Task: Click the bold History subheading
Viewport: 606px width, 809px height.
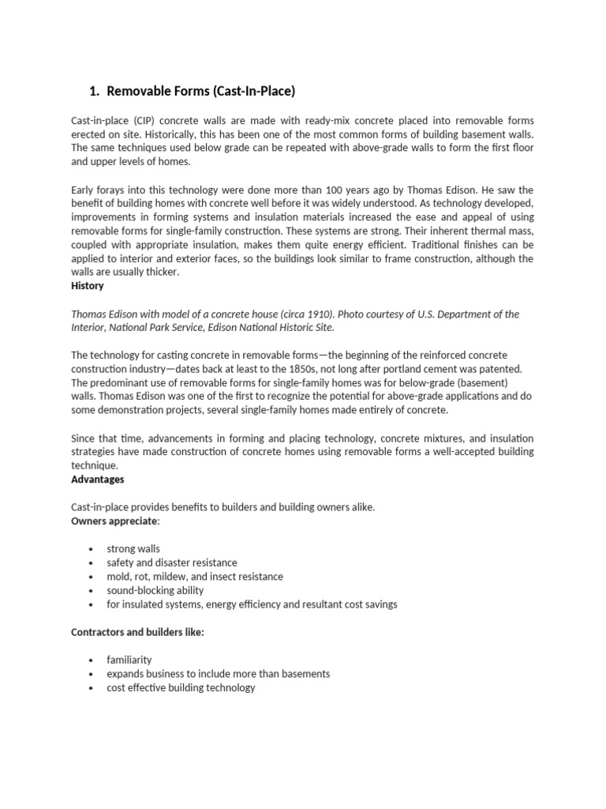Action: click(x=87, y=286)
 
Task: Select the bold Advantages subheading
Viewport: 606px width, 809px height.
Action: click(x=98, y=480)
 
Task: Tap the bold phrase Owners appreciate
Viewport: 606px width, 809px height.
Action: click(x=114, y=521)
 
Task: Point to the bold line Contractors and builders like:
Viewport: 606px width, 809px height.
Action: click(x=137, y=632)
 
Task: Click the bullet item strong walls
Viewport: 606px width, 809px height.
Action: click(x=133, y=549)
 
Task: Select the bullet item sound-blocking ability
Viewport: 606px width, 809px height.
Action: click(x=155, y=590)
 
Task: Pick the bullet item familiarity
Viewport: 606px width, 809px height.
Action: click(x=129, y=660)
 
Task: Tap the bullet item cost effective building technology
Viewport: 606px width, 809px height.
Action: click(x=181, y=687)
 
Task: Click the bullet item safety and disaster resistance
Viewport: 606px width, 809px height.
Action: click(x=172, y=563)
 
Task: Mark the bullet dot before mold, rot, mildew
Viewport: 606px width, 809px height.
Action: click(x=92, y=577)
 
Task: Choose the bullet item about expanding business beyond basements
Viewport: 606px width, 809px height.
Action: click(x=219, y=674)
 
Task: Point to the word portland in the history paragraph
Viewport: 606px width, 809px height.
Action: click(x=406, y=369)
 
